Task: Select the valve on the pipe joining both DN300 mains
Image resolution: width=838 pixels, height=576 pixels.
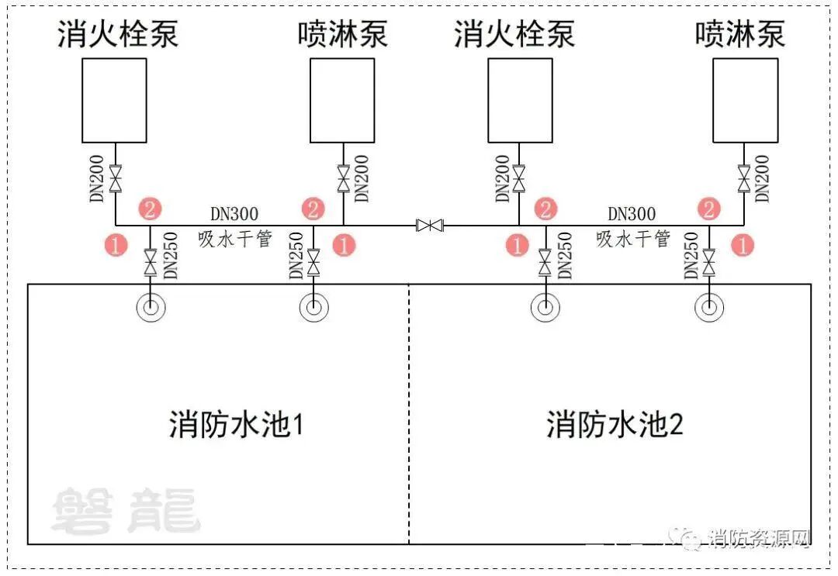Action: [429, 226]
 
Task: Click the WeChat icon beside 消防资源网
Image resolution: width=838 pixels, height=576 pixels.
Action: [687, 538]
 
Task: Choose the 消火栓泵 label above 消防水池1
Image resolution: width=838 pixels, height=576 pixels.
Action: [118, 34]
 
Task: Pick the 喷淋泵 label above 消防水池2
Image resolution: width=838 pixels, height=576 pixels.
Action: [740, 34]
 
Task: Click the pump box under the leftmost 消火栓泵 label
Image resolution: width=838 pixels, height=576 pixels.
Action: [114, 100]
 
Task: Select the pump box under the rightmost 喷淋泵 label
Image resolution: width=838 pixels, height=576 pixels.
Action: [745, 100]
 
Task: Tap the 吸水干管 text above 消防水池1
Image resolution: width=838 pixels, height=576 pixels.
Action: [235, 239]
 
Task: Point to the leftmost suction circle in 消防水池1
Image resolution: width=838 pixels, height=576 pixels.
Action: [151, 308]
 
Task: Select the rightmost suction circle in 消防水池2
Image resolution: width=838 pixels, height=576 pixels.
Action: [708, 308]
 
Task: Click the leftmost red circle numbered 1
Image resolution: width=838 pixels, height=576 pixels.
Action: [116, 246]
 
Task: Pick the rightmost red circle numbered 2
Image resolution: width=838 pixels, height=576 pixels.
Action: [708, 209]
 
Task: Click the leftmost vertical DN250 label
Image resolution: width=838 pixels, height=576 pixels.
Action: [171, 256]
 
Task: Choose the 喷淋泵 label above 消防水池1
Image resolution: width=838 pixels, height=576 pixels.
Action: [342, 34]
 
